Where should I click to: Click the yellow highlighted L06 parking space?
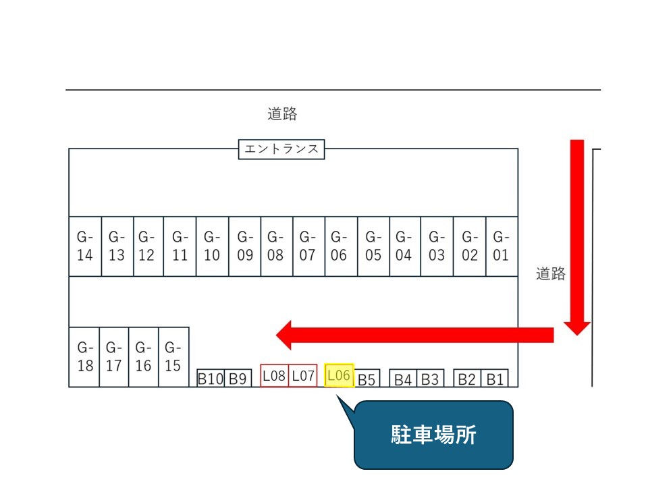pos(339,376)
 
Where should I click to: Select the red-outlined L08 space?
pos(275,376)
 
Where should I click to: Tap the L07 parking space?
pos(304,376)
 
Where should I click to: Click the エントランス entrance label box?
pos(281,149)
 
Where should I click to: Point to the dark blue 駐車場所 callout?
pos(433,435)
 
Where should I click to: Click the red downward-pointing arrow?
pos(577,236)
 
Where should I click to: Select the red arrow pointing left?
pos(414,334)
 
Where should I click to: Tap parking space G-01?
pos(502,246)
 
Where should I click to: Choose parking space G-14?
pos(85,246)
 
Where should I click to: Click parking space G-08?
pos(276,246)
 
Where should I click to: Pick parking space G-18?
pos(84,357)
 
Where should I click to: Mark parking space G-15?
pos(173,357)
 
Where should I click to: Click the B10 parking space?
pos(210,379)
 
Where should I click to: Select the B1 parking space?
pos(496,379)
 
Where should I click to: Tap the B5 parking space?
pos(367,379)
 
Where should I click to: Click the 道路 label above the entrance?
pos(282,114)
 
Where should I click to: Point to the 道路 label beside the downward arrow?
pos(551,274)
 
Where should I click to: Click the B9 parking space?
pos(238,379)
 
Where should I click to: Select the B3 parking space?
pos(431,379)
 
